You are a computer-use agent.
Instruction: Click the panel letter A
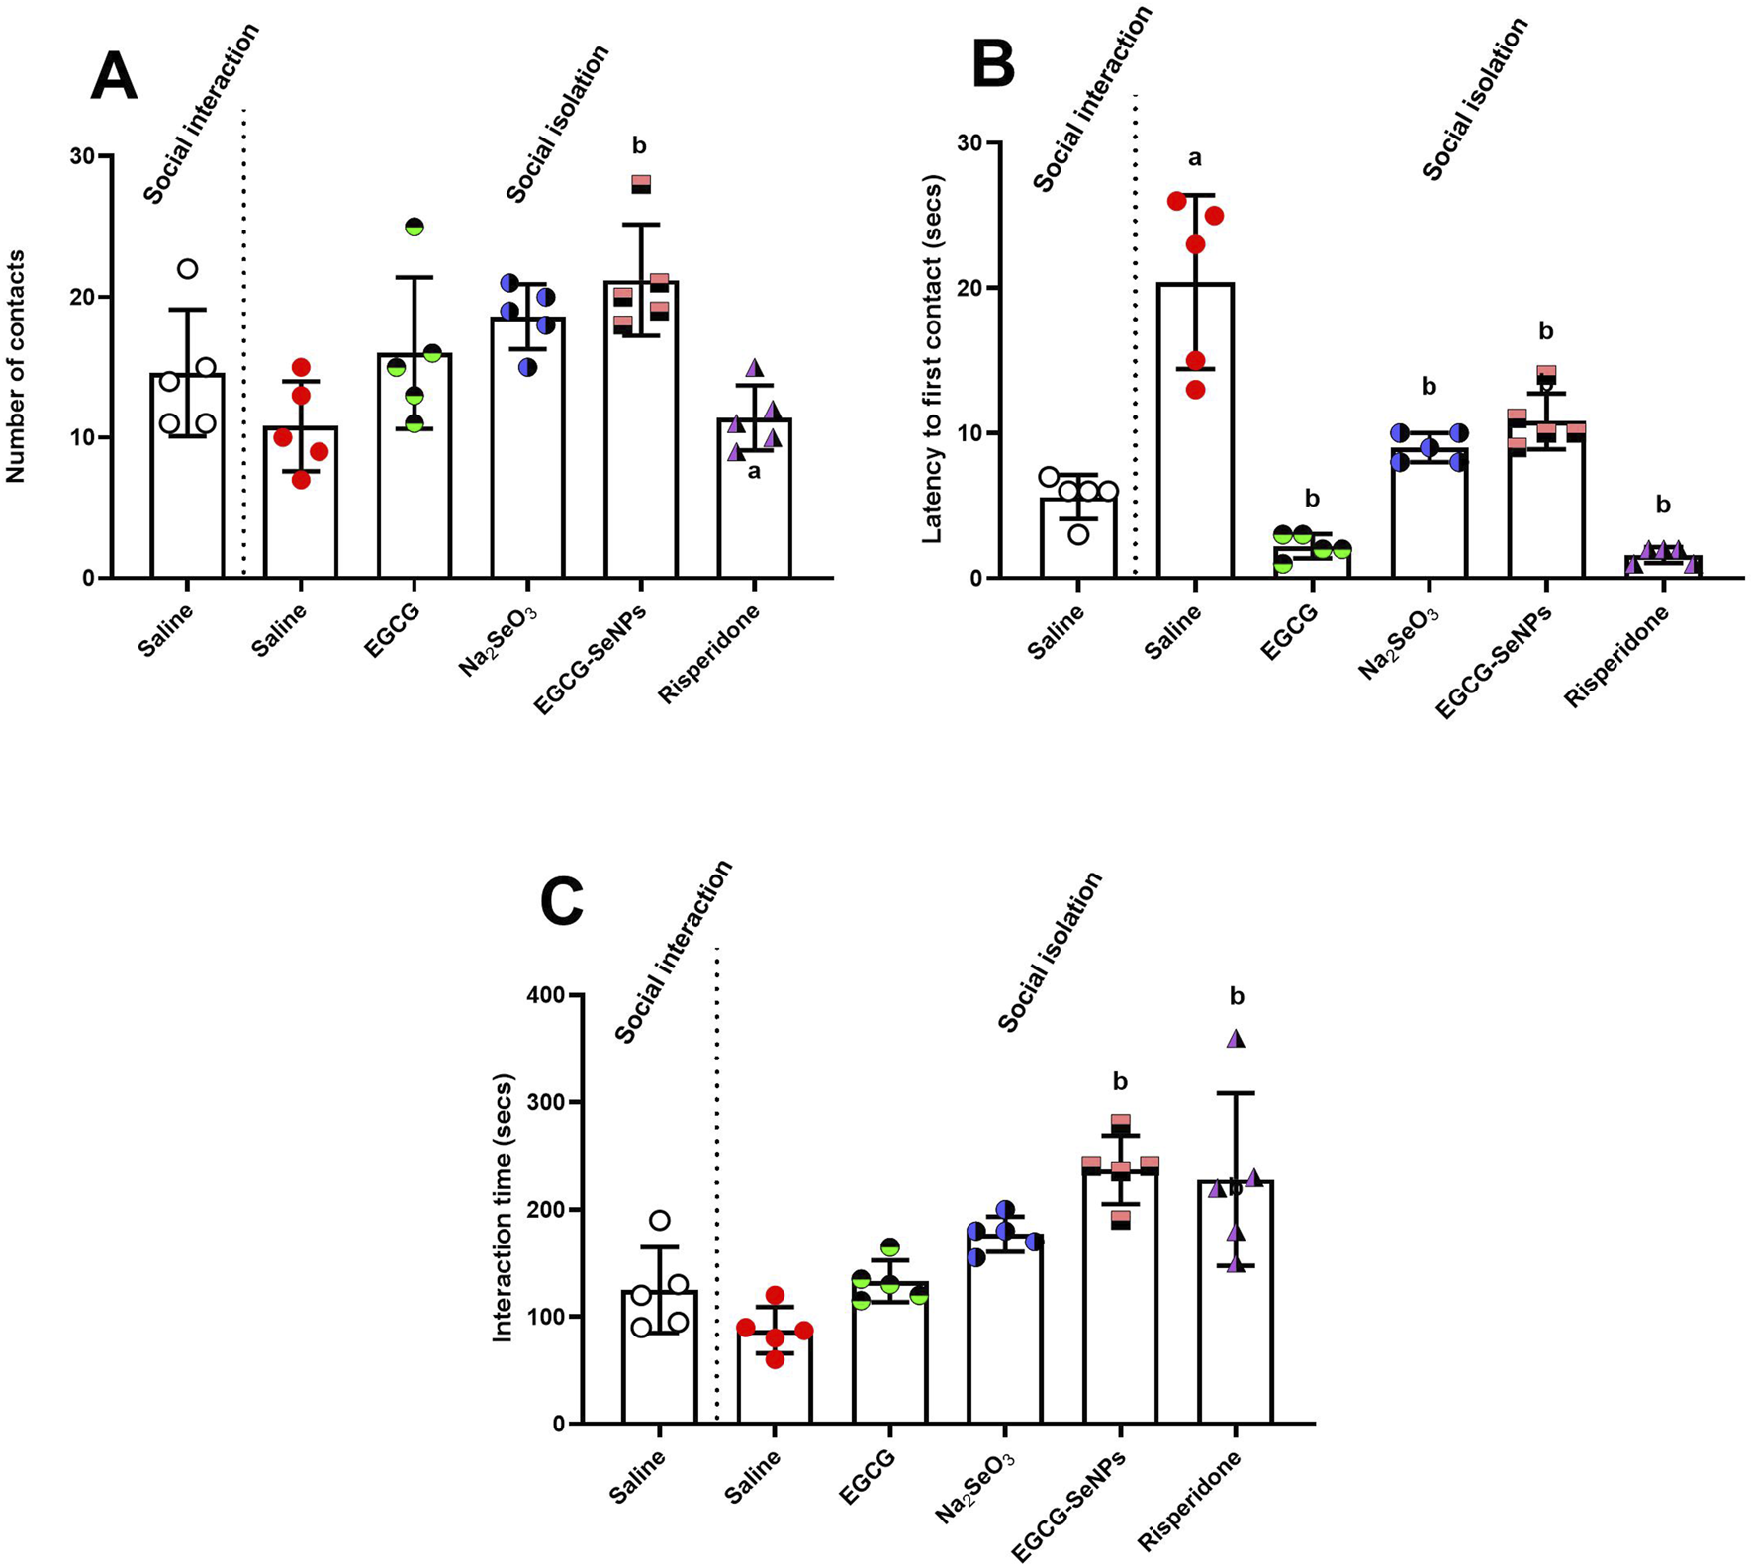(x=113, y=77)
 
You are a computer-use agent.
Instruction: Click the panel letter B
(x=993, y=65)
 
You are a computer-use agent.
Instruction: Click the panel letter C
(x=562, y=902)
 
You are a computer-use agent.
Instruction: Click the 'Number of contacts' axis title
(x=16, y=366)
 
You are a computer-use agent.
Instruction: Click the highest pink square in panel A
(x=641, y=184)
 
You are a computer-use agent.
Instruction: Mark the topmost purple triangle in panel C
(x=1236, y=1039)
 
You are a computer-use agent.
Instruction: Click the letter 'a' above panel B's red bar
(x=1194, y=158)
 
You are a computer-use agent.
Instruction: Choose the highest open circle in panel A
(x=187, y=269)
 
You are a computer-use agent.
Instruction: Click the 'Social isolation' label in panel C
(x=1050, y=953)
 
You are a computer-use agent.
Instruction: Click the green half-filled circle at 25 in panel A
(x=415, y=227)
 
